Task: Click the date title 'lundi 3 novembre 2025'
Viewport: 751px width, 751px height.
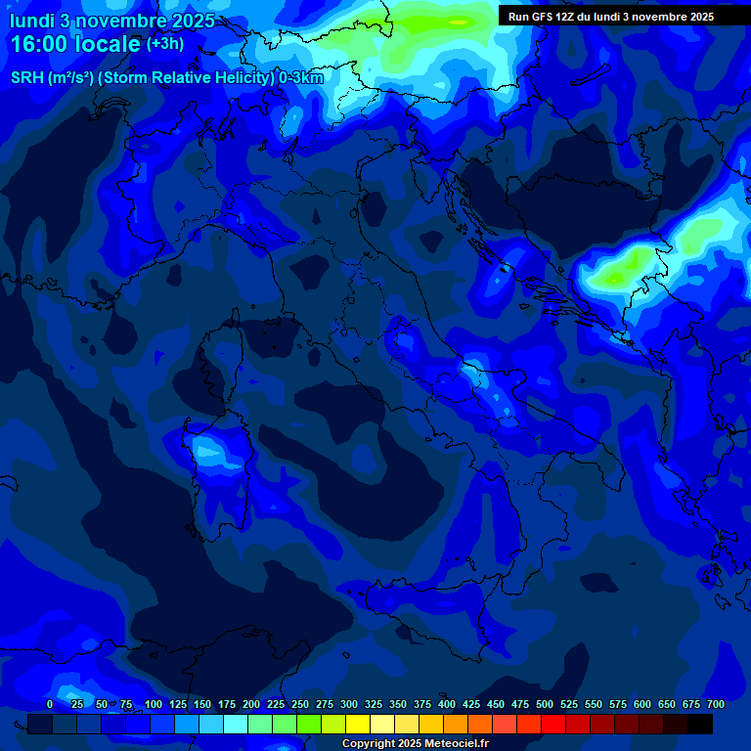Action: tap(112, 21)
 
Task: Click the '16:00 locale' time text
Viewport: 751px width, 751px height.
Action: tap(74, 44)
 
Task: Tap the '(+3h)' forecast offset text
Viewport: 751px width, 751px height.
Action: tap(164, 44)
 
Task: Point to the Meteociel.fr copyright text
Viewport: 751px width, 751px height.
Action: tap(415, 744)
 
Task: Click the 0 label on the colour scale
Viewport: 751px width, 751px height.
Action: tap(50, 704)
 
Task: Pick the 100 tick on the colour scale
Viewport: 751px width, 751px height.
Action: tap(154, 704)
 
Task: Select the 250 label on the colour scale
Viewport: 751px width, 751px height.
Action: tap(300, 704)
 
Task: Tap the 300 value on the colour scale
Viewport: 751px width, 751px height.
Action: tap(349, 704)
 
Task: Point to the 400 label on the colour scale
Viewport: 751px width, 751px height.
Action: tap(447, 704)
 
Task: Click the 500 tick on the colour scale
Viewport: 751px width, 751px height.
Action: tap(545, 704)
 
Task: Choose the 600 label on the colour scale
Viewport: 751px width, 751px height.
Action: tap(642, 704)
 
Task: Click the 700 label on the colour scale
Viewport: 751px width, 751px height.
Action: tap(716, 704)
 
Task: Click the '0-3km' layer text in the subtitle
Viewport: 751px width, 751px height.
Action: tap(301, 78)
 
